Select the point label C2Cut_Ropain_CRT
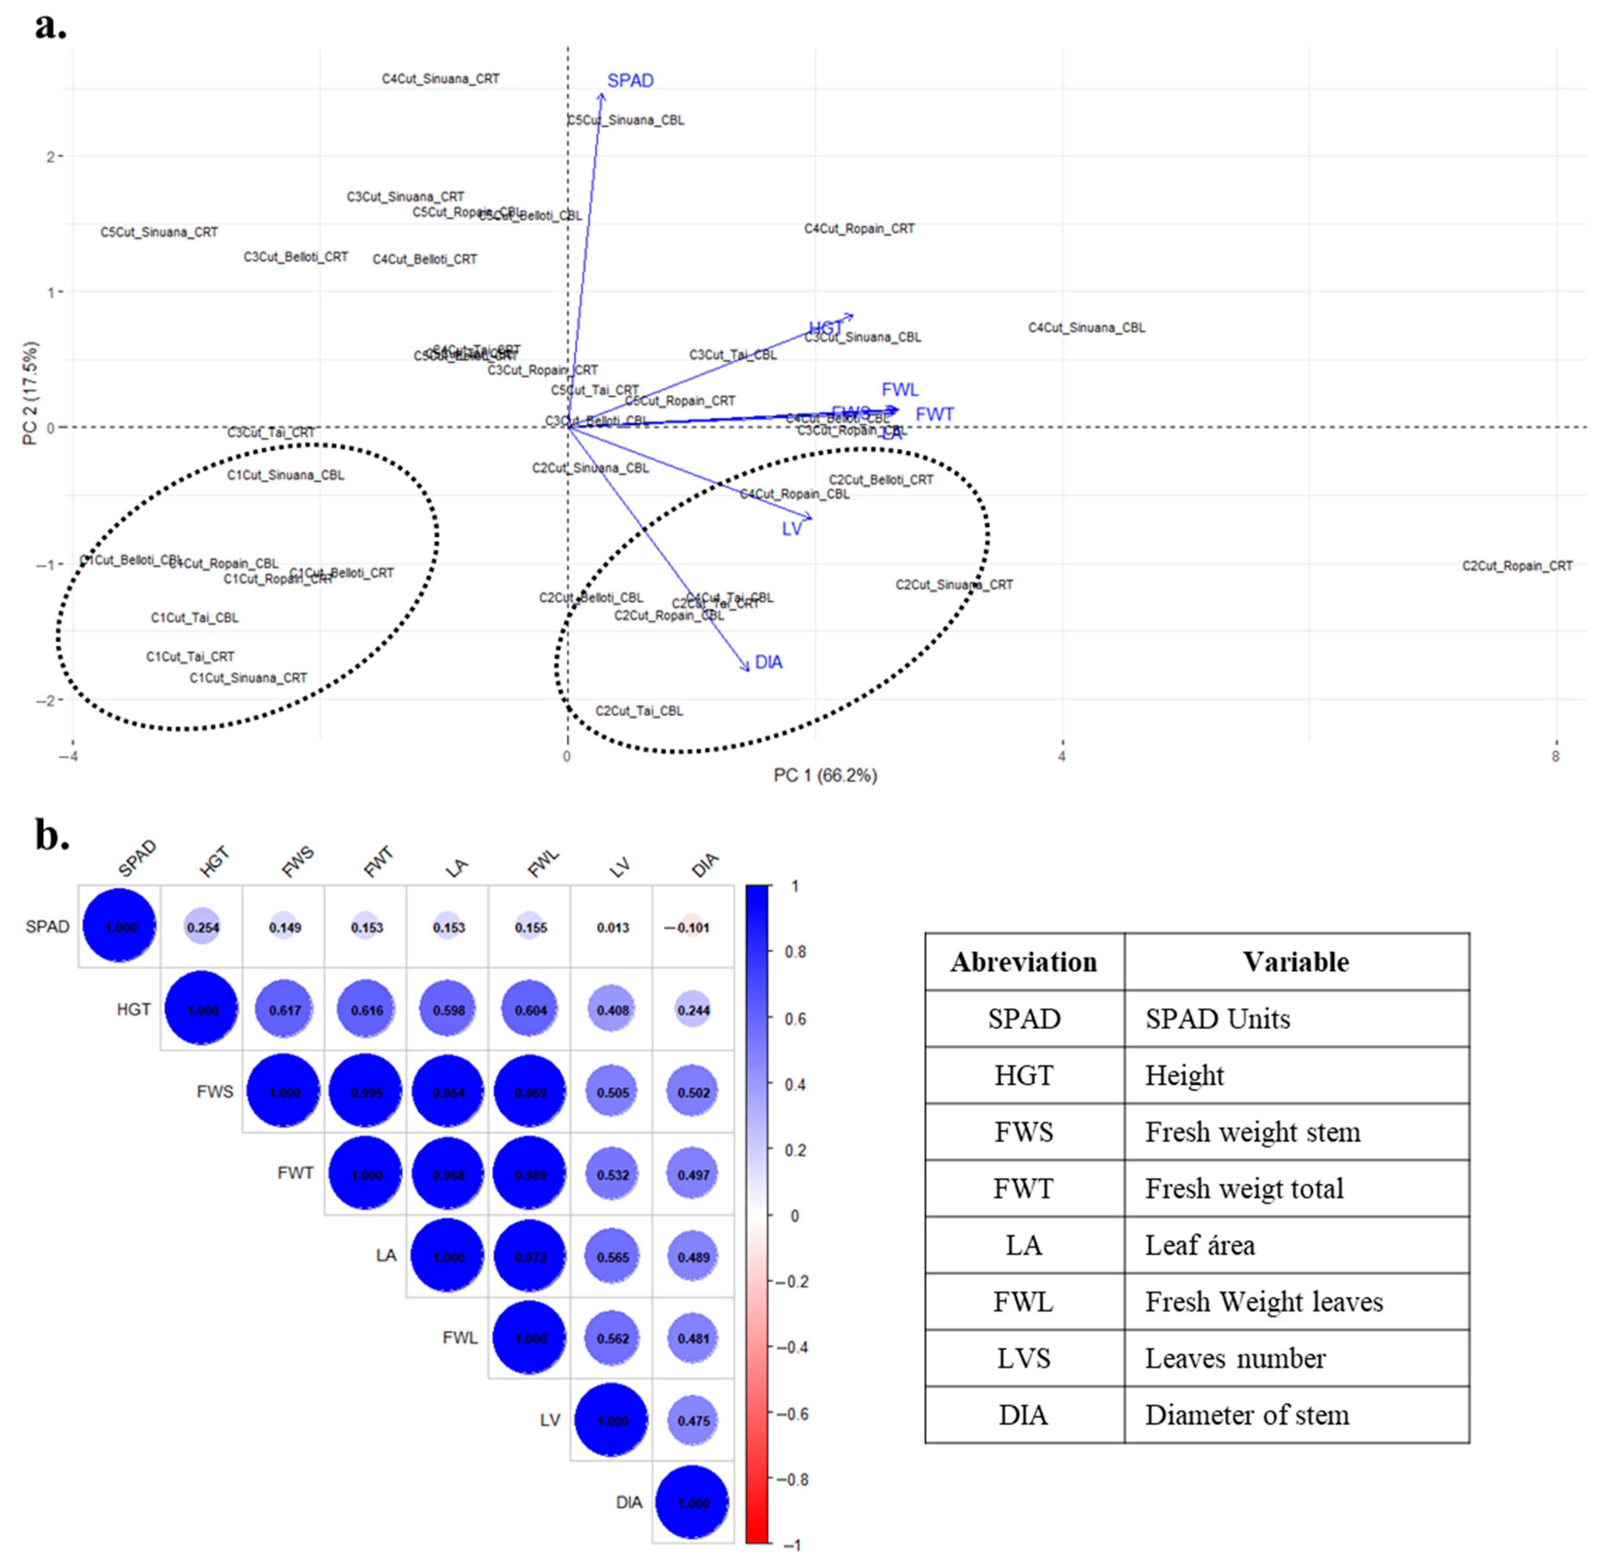click(x=1517, y=566)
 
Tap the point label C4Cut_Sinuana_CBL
click(x=1086, y=328)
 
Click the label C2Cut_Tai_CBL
click(x=639, y=711)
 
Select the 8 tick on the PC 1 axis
click(x=1555, y=756)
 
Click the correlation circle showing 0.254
click(x=203, y=928)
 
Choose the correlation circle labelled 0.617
click(x=284, y=1010)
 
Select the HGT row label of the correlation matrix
click(x=133, y=1010)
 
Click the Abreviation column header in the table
click(x=1024, y=962)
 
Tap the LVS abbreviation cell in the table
click(x=1024, y=1359)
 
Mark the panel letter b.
click(x=51, y=835)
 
